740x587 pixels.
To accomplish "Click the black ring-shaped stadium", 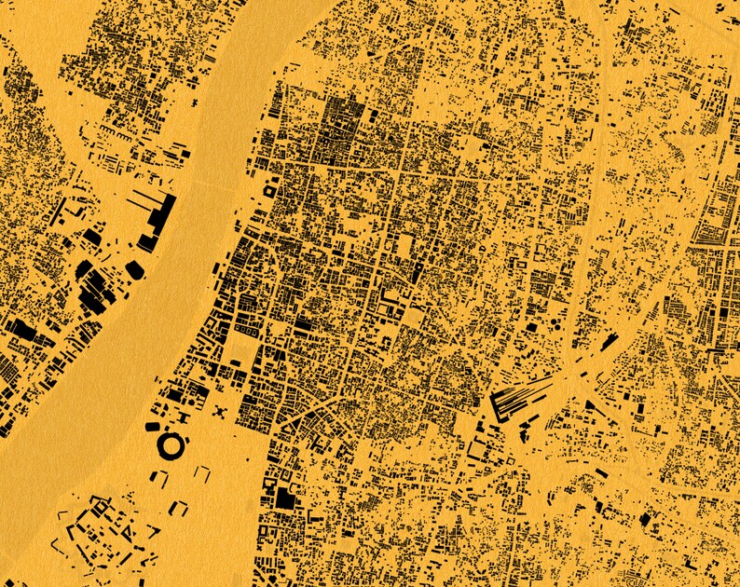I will point(171,445).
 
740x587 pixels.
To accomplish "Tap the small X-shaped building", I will point(220,411).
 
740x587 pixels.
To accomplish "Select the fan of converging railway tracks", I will point(522,397).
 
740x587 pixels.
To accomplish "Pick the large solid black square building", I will point(283,498).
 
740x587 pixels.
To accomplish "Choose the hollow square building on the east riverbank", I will point(270,190).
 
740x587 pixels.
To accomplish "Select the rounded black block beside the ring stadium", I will point(153,427).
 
